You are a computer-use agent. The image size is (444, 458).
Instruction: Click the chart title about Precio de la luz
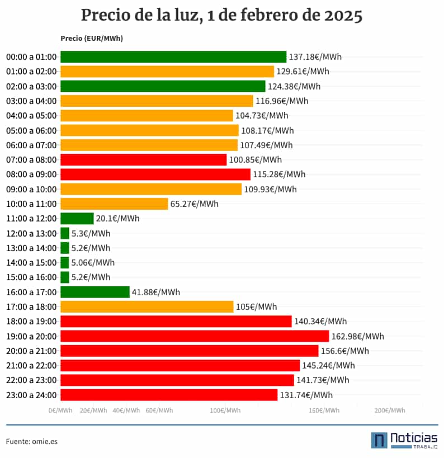(x=221, y=15)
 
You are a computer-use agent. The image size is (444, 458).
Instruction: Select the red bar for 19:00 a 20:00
(x=194, y=336)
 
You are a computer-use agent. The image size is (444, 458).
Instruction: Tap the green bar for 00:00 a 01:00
(x=173, y=57)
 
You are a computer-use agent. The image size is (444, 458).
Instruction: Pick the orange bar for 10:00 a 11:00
(x=114, y=204)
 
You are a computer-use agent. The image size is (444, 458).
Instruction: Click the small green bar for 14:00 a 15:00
(x=65, y=263)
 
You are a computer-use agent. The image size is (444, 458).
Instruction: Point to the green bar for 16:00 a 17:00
(x=95, y=292)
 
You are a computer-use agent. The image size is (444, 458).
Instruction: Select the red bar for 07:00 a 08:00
(x=143, y=160)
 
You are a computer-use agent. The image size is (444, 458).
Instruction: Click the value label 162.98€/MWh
(x=357, y=336)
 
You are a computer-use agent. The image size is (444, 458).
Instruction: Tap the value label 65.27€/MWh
(x=194, y=204)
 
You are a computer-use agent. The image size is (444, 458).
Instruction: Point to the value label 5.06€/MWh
(x=93, y=263)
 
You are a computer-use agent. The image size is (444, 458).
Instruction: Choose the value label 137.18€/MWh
(x=315, y=57)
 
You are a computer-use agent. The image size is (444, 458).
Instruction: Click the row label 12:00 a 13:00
(x=31, y=233)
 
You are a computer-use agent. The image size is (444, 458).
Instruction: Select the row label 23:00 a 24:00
(x=31, y=395)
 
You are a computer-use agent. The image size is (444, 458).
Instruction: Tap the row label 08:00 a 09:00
(x=31, y=174)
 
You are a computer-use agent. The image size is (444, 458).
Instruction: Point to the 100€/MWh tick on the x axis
(x=225, y=410)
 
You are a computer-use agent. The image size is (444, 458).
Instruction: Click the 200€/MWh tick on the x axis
(x=390, y=410)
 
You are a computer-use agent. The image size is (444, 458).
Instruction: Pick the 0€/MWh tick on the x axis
(x=60, y=410)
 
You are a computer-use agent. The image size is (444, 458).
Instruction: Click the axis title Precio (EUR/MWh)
(x=92, y=39)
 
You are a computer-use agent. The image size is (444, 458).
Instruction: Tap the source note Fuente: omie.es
(x=32, y=441)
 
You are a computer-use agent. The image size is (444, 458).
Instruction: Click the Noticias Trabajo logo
(x=404, y=440)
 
